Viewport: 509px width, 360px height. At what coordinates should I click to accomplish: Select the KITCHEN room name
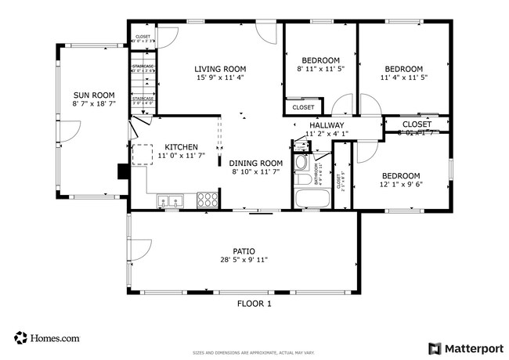coord(180,147)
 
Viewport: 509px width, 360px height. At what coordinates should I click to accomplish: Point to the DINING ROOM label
coord(254,163)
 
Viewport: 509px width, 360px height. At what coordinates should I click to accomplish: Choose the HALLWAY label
coord(326,125)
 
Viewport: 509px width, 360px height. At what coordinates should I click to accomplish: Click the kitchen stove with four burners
coord(208,200)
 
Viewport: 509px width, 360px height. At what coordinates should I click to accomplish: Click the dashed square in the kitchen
coord(143,155)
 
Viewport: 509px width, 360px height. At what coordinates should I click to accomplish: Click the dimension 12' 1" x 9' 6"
coord(400,185)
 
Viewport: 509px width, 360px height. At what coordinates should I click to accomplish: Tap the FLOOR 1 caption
coord(254,304)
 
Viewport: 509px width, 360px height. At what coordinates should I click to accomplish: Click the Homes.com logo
coord(47,338)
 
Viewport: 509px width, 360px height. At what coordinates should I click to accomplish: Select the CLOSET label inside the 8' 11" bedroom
coord(303,107)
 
